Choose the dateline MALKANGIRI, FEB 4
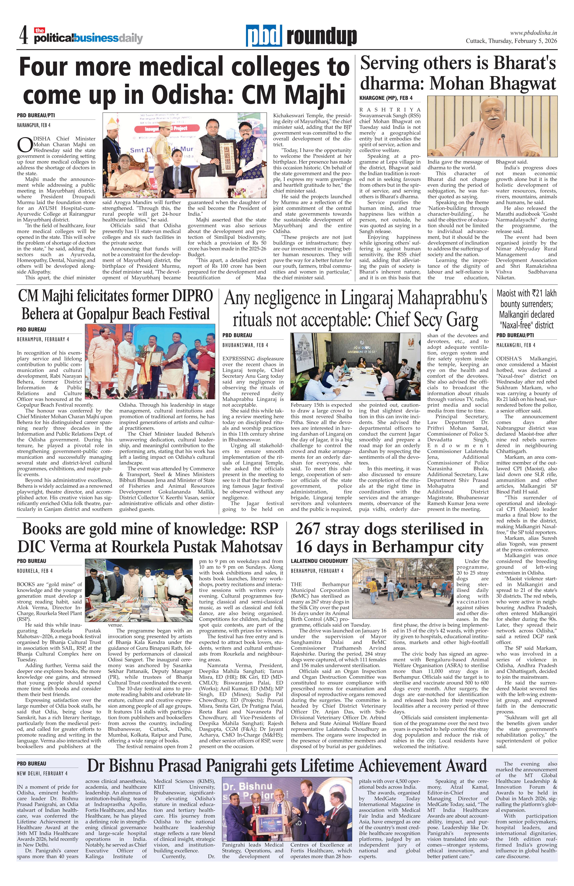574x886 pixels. coord(515,345)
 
